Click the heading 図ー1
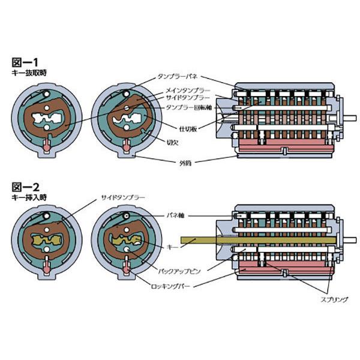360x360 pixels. pos(26,62)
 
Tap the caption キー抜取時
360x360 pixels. pos(29,72)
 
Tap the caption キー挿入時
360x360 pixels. pos(29,197)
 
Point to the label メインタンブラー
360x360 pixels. pos(188,90)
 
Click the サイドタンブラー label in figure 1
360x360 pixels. pos(188,97)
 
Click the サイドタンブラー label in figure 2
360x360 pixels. pos(123,197)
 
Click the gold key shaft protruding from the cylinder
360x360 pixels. pos(204,241)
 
